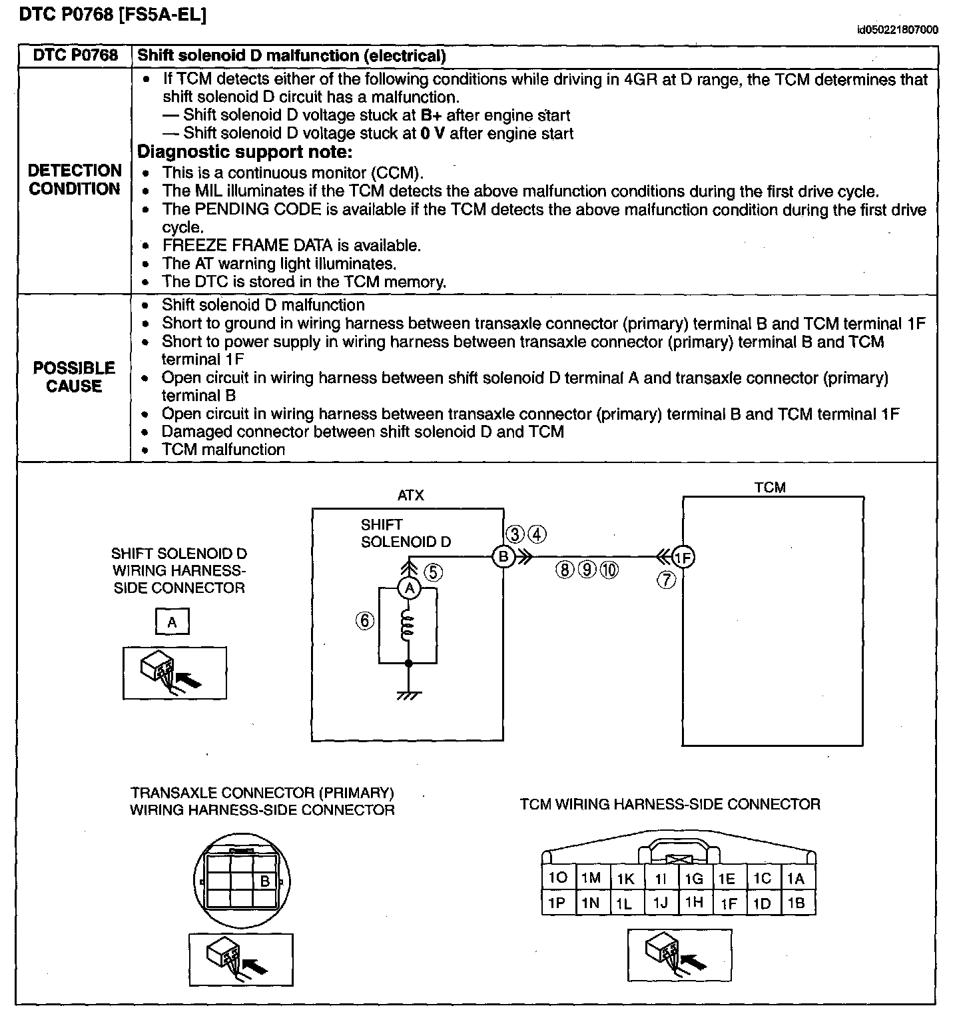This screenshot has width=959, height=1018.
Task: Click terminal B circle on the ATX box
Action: (503, 556)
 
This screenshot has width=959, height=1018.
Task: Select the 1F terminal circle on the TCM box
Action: (683, 557)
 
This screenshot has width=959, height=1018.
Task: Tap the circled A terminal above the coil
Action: (410, 588)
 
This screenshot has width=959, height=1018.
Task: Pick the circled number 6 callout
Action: (365, 621)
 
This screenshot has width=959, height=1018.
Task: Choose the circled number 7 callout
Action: (667, 580)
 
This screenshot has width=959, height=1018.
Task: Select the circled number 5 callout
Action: (433, 572)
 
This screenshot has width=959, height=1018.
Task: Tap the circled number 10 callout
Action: (609, 570)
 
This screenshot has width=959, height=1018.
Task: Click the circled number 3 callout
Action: (515, 534)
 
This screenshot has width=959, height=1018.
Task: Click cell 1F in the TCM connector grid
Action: (729, 903)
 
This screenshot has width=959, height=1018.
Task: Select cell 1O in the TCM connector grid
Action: (557, 878)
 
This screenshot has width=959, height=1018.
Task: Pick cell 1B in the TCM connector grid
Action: (797, 903)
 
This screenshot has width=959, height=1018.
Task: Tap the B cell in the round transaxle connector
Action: (264, 881)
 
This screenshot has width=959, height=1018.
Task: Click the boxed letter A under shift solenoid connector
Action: (172, 622)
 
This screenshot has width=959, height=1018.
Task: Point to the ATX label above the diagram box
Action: (410, 496)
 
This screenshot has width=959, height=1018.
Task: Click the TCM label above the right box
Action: (770, 488)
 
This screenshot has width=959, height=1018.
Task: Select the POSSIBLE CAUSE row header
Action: (74, 377)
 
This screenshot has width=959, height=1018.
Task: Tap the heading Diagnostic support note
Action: (244, 152)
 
